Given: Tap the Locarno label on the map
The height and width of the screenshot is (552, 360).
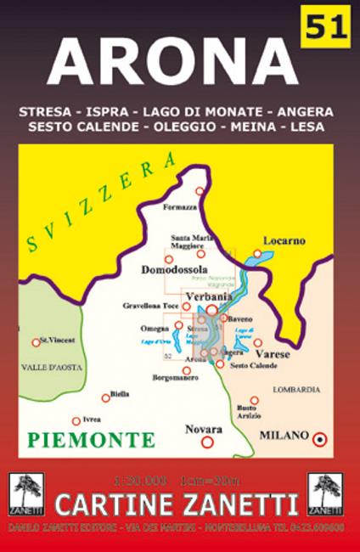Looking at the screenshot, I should [284, 240].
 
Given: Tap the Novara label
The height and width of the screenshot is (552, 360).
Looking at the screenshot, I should [205, 429].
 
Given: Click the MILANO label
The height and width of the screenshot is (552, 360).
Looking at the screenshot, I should [284, 435].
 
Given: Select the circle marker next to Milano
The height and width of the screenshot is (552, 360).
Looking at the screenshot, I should [320, 438].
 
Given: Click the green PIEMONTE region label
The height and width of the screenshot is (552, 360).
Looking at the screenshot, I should [91, 440].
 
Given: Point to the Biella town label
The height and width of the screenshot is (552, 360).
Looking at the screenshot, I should [120, 394].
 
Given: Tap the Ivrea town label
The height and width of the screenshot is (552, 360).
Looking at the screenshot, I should [90, 419].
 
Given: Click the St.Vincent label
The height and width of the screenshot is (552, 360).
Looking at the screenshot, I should [58, 340].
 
